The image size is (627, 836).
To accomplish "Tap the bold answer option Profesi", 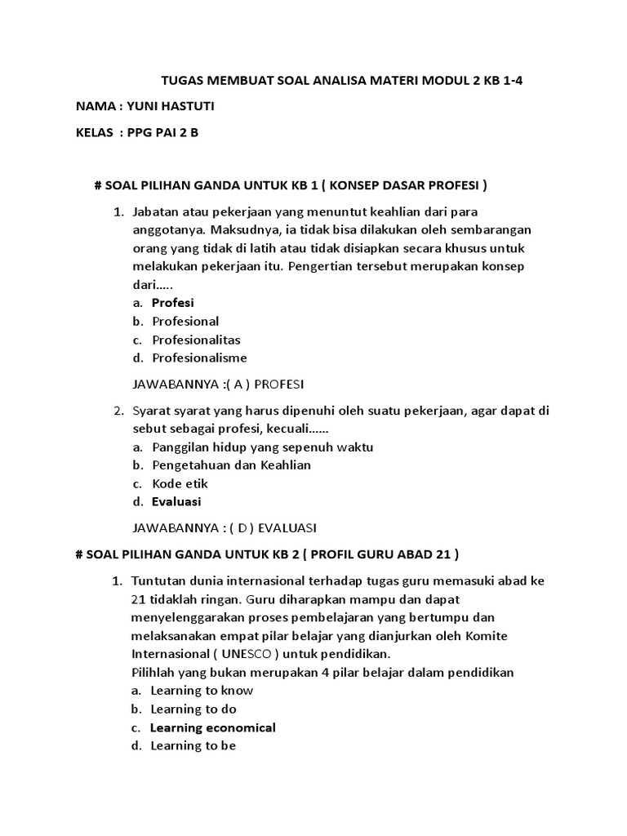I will point(172,303).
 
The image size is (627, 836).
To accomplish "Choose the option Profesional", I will point(185,321).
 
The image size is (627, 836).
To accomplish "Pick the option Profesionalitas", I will point(196,340).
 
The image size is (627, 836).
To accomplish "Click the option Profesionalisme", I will point(199,358).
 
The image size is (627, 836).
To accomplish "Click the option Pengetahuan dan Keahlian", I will point(231,465).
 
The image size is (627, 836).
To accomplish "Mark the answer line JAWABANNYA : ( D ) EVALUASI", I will point(225,527).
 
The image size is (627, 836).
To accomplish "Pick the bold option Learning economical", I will point(213,727).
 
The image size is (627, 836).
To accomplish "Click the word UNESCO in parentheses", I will point(247,655).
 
